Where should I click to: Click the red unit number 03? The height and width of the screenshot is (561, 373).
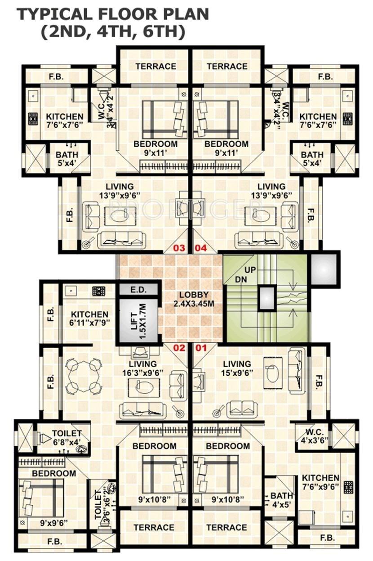click(179, 248)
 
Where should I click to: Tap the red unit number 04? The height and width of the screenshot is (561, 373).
click(200, 248)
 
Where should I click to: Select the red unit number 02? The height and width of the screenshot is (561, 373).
click(179, 347)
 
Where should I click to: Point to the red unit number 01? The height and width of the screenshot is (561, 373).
click(200, 347)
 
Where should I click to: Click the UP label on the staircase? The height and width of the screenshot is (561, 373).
click(251, 270)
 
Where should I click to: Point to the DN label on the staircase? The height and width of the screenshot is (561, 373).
click(240, 279)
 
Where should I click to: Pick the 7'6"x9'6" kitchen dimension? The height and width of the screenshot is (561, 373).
click(320, 487)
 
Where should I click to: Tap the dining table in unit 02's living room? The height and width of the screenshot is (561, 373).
click(83, 375)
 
